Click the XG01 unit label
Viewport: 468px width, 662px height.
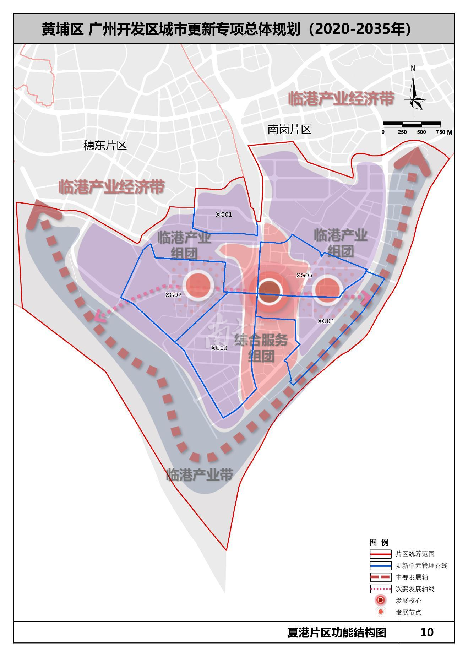coord(224,215)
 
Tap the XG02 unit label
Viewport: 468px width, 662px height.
coord(173,295)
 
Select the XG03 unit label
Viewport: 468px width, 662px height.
coord(219,348)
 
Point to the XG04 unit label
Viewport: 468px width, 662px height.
coord(326,321)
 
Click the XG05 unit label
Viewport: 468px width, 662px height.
coord(304,275)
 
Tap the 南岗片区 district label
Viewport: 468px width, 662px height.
coord(289,129)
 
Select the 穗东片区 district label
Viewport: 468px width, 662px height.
coord(105,145)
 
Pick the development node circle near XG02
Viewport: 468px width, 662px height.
coord(198,285)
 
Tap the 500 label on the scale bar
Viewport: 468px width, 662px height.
coord(421,132)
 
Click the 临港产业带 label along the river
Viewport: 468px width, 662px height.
coord(200,475)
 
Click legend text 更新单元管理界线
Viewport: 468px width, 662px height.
coord(421,565)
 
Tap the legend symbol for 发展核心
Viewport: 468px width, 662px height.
coord(380,600)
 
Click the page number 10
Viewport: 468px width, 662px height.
coord(426,632)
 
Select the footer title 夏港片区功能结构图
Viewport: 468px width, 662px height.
coord(336,633)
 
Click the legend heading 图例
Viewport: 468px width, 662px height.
coord(379,542)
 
